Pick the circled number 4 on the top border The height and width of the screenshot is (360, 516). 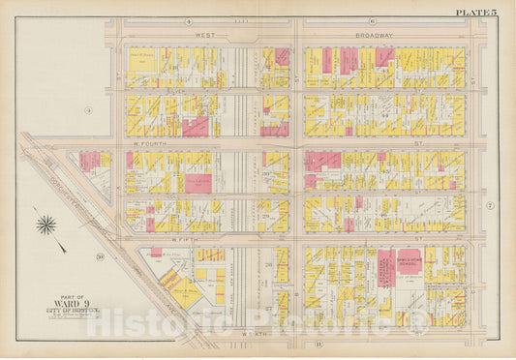(190, 20)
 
